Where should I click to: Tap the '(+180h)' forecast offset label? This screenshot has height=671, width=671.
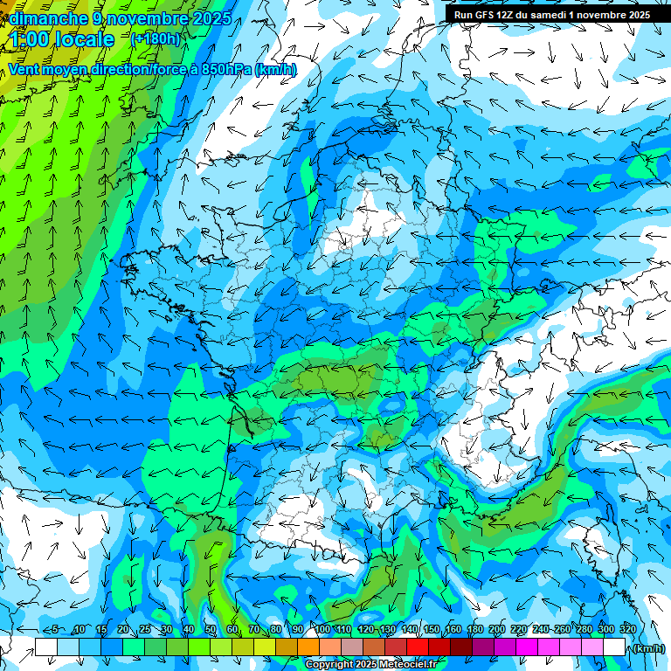coord(155,38)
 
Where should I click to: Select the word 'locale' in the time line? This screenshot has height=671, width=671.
coord(84,39)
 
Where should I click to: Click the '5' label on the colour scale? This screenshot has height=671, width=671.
coord(55,629)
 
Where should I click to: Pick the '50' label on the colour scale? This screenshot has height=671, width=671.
coord(210,629)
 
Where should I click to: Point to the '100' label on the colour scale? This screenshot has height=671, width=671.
coord(322,629)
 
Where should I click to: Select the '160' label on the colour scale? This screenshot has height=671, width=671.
coord(453,629)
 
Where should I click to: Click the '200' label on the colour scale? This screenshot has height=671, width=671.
coord(496,629)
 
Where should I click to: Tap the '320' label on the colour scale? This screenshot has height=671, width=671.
coord(627,629)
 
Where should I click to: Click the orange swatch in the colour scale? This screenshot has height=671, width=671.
coord(308,647)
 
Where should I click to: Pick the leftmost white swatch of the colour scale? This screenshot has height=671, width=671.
coord(46,647)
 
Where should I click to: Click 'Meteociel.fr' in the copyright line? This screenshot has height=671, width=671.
coord(407,665)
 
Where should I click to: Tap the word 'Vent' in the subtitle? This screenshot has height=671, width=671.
coord(25,70)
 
